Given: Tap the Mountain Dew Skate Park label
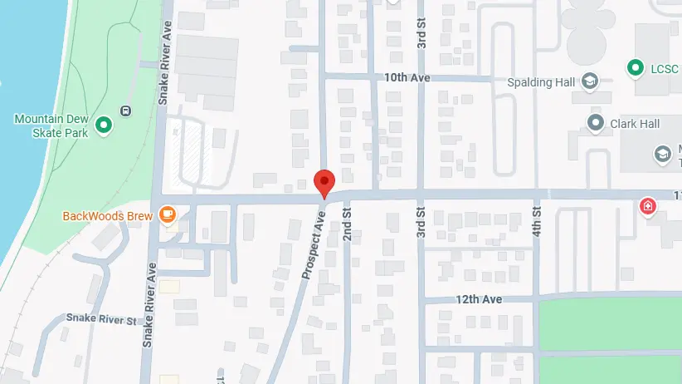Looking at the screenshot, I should pos(51,126).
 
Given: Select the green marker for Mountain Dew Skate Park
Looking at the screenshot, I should pos(104,126).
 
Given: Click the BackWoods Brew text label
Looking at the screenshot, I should pos(108,216).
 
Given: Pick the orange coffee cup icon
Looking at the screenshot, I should pos(168,215).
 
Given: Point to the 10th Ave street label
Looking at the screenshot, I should pos(407,77).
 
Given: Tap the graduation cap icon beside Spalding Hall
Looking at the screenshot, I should pos(589,81).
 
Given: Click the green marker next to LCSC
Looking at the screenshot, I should pos(636,66).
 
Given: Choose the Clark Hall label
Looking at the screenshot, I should pos(635,123).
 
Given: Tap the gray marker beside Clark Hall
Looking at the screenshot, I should pos(596,123).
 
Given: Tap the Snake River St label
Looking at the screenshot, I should pos(101,319).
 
